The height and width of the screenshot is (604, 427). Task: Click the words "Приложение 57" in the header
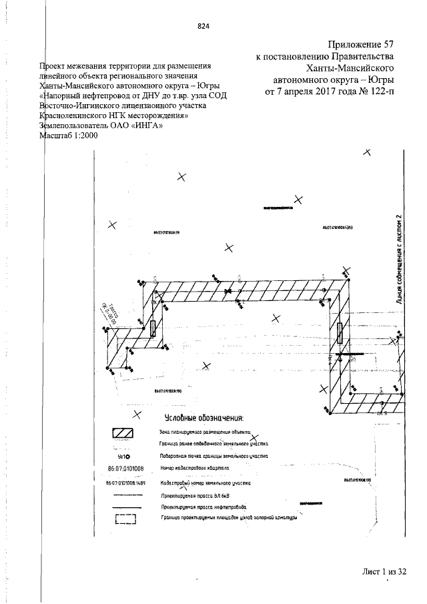360,45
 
